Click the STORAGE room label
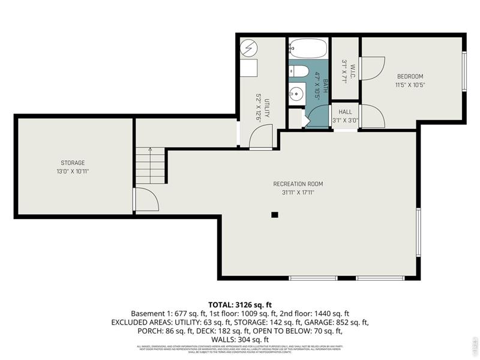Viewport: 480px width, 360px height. coord(73,163)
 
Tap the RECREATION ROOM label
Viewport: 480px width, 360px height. coord(298,184)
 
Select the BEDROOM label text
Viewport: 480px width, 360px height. coord(410,76)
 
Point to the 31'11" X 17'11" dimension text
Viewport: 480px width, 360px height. coord(298,193)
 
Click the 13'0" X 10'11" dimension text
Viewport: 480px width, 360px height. coord(73,172)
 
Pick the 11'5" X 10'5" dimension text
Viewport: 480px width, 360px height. coord(410,85)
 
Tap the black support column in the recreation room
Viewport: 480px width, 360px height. coord(275,214)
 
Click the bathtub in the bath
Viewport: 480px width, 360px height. coord(308,48)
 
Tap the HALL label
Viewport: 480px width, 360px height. coord(345,112)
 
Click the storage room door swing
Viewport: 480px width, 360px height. coord(145,199)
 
